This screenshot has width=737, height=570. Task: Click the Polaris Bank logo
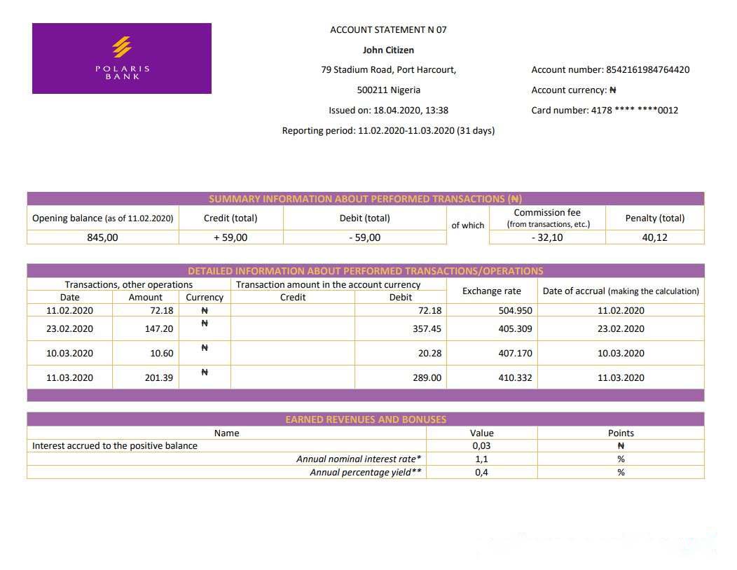(x=122, y=58)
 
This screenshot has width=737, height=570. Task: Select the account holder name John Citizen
(x=388, y=50)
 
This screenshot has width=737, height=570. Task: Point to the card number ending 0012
(x=635, y=110)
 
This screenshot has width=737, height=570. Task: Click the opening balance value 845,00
(x=102, y=237)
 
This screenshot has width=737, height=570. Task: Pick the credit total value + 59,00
(x=230, y=237)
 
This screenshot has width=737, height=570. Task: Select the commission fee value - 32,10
(x=546, y=237)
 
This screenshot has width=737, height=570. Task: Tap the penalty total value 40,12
(x=654, y=237)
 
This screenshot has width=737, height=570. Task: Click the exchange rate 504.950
(x=515, y=310)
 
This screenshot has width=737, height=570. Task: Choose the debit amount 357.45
(x=427, y=328)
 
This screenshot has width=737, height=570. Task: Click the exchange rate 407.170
(x=515, y=353)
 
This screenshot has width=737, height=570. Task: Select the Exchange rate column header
(x=491, y=291)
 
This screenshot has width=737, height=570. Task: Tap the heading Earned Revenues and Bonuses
(x=365, y=419)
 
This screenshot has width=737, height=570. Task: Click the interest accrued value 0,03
(x=481, y=445)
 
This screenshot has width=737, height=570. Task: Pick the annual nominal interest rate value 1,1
(x=481, y=459)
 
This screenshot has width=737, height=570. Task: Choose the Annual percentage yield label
(x=365, y=472)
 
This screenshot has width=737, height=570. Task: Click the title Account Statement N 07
(x=388, y=29)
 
